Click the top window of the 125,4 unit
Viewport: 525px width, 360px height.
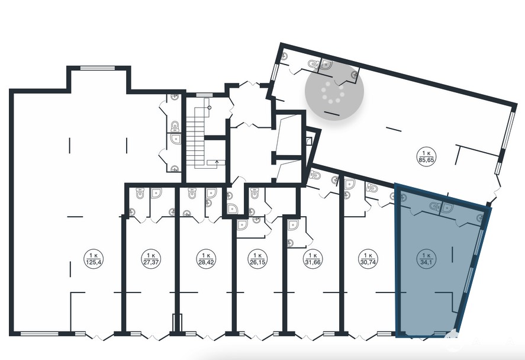click(98, 68)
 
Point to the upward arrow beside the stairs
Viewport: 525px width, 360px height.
click(217, 162)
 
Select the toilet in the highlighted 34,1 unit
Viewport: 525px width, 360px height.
click(434, 206)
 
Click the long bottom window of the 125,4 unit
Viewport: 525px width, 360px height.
click(40, 333)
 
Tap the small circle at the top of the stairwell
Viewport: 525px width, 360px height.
click(210, 108)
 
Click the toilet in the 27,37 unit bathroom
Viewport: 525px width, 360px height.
click(140, 194)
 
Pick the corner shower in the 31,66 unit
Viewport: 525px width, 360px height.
click(293, 226)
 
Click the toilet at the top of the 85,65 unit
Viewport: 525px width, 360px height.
click(313, 64)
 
